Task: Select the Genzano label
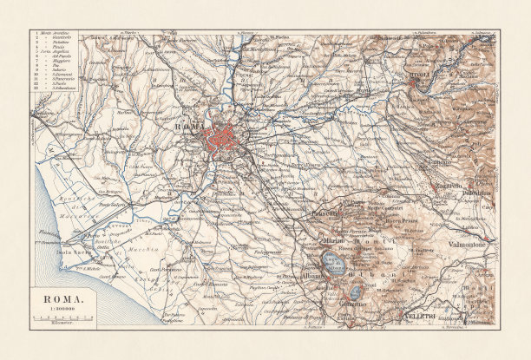353,303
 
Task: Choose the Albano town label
314,276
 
